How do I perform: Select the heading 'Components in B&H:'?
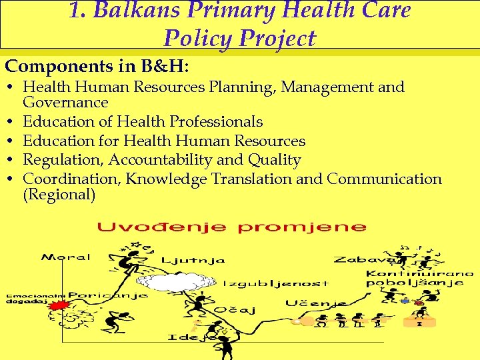coord(97,67)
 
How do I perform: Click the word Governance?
coord(65,102)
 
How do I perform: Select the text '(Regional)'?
coord(59,195)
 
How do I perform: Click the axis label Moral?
coord(59,257)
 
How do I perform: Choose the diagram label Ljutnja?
coord(193,260)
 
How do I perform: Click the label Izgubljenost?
coord(275,283)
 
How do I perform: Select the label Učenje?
coord(315,303)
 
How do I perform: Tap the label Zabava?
coord(358,260)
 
